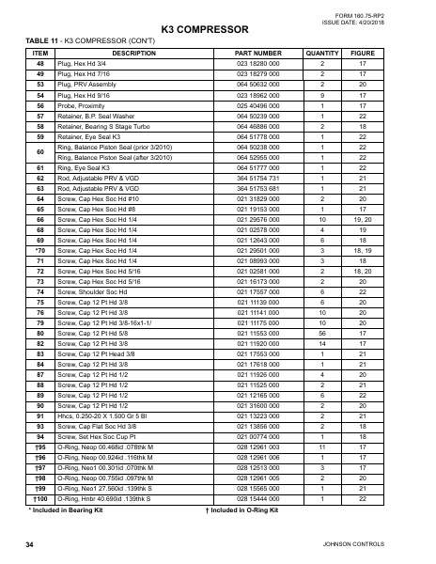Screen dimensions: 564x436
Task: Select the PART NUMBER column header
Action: point(257,54)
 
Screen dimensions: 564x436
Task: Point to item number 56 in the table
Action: point(40,105)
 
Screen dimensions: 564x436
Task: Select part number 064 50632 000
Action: point(257,85)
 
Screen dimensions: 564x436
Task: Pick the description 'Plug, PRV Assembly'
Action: point(86,85)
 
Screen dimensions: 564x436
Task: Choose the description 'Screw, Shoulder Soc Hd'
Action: point(93,292)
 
